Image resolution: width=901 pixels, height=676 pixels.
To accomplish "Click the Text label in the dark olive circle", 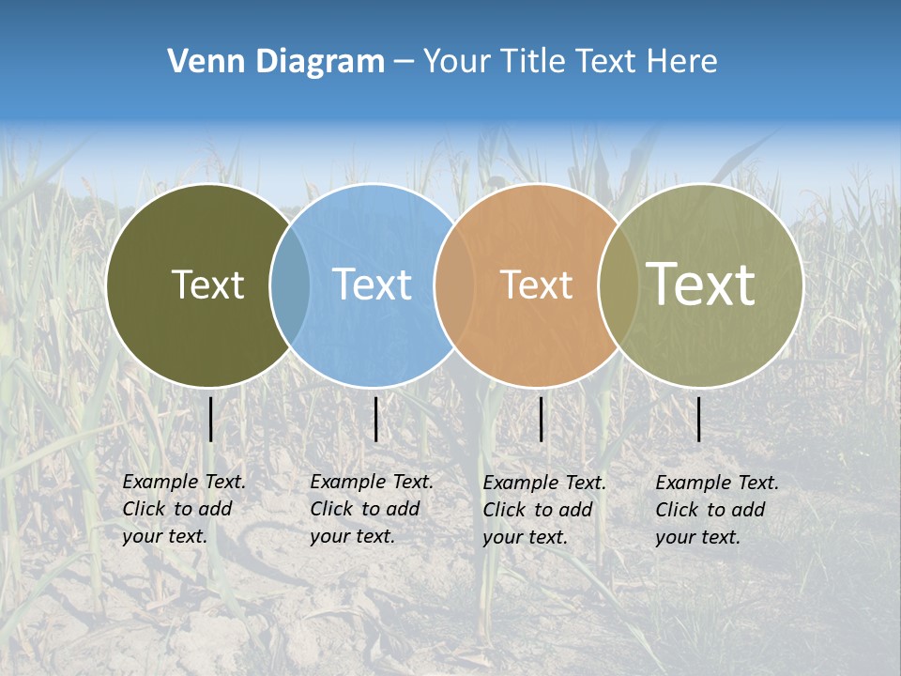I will click(x=207, y=284).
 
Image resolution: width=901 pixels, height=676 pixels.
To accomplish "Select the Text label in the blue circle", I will click(x=372, y=284).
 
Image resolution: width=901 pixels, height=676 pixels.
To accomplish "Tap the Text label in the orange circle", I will click(x=536, y=284).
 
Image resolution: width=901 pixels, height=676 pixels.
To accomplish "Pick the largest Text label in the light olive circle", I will click(x=700, y=284).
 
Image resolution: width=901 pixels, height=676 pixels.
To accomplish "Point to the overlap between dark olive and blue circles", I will click(x=290, y=284).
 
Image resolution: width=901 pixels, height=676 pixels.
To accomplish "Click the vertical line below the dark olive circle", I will click(x=211, y=419).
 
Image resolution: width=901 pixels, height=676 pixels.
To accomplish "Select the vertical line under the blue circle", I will click(x=375, y=419).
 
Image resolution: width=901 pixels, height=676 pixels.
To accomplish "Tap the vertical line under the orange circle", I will click(x=542, y=419).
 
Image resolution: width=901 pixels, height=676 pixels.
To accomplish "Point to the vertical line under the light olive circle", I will click(x=699, y=419).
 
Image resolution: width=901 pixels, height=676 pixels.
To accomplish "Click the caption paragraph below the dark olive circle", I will click(x=183, y=509).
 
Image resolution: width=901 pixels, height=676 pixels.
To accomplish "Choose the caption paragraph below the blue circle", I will click(x=371, y=509).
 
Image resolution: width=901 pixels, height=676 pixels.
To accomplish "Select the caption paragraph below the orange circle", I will click(x=543, y=510).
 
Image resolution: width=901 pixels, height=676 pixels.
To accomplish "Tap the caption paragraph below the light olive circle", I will click(x=716, y=510).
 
